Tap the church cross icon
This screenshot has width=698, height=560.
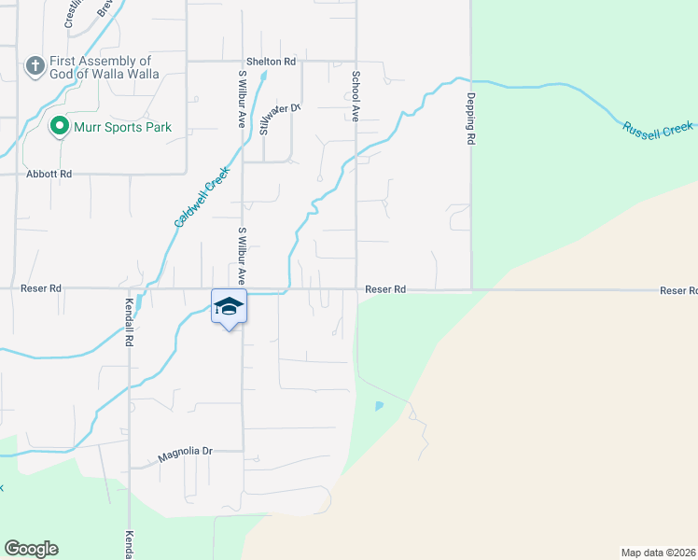pyautogui.click(x=35, y=66)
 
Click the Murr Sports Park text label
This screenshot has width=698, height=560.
pyautogui.click(x=123, y=127)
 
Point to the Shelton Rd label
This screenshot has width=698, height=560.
pyautogui.click(x=271, y=62)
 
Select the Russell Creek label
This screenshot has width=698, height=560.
pyautogui.click(x=659, y=130)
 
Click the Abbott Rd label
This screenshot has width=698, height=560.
pyautogui.click(x=49, y=174)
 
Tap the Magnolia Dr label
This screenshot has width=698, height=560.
pyautogui.click(x=185, y=452)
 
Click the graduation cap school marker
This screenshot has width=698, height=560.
pyautogui.click(x=229, y=307)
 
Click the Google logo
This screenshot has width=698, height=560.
pyautogui.click(x=31, y=549)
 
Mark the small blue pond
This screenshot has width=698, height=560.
pyautogui.click(x=378, y=406)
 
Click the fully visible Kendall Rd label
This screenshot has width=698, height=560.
pyautogui.click(x=130, y=324)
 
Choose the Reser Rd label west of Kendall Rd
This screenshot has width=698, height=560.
pyautogui.click(x=41, y=289)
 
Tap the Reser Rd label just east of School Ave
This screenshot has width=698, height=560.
pyautogui.click(x=385, y=290)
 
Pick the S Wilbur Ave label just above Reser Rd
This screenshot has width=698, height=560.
pyautogui.click(x=242, y=255)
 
